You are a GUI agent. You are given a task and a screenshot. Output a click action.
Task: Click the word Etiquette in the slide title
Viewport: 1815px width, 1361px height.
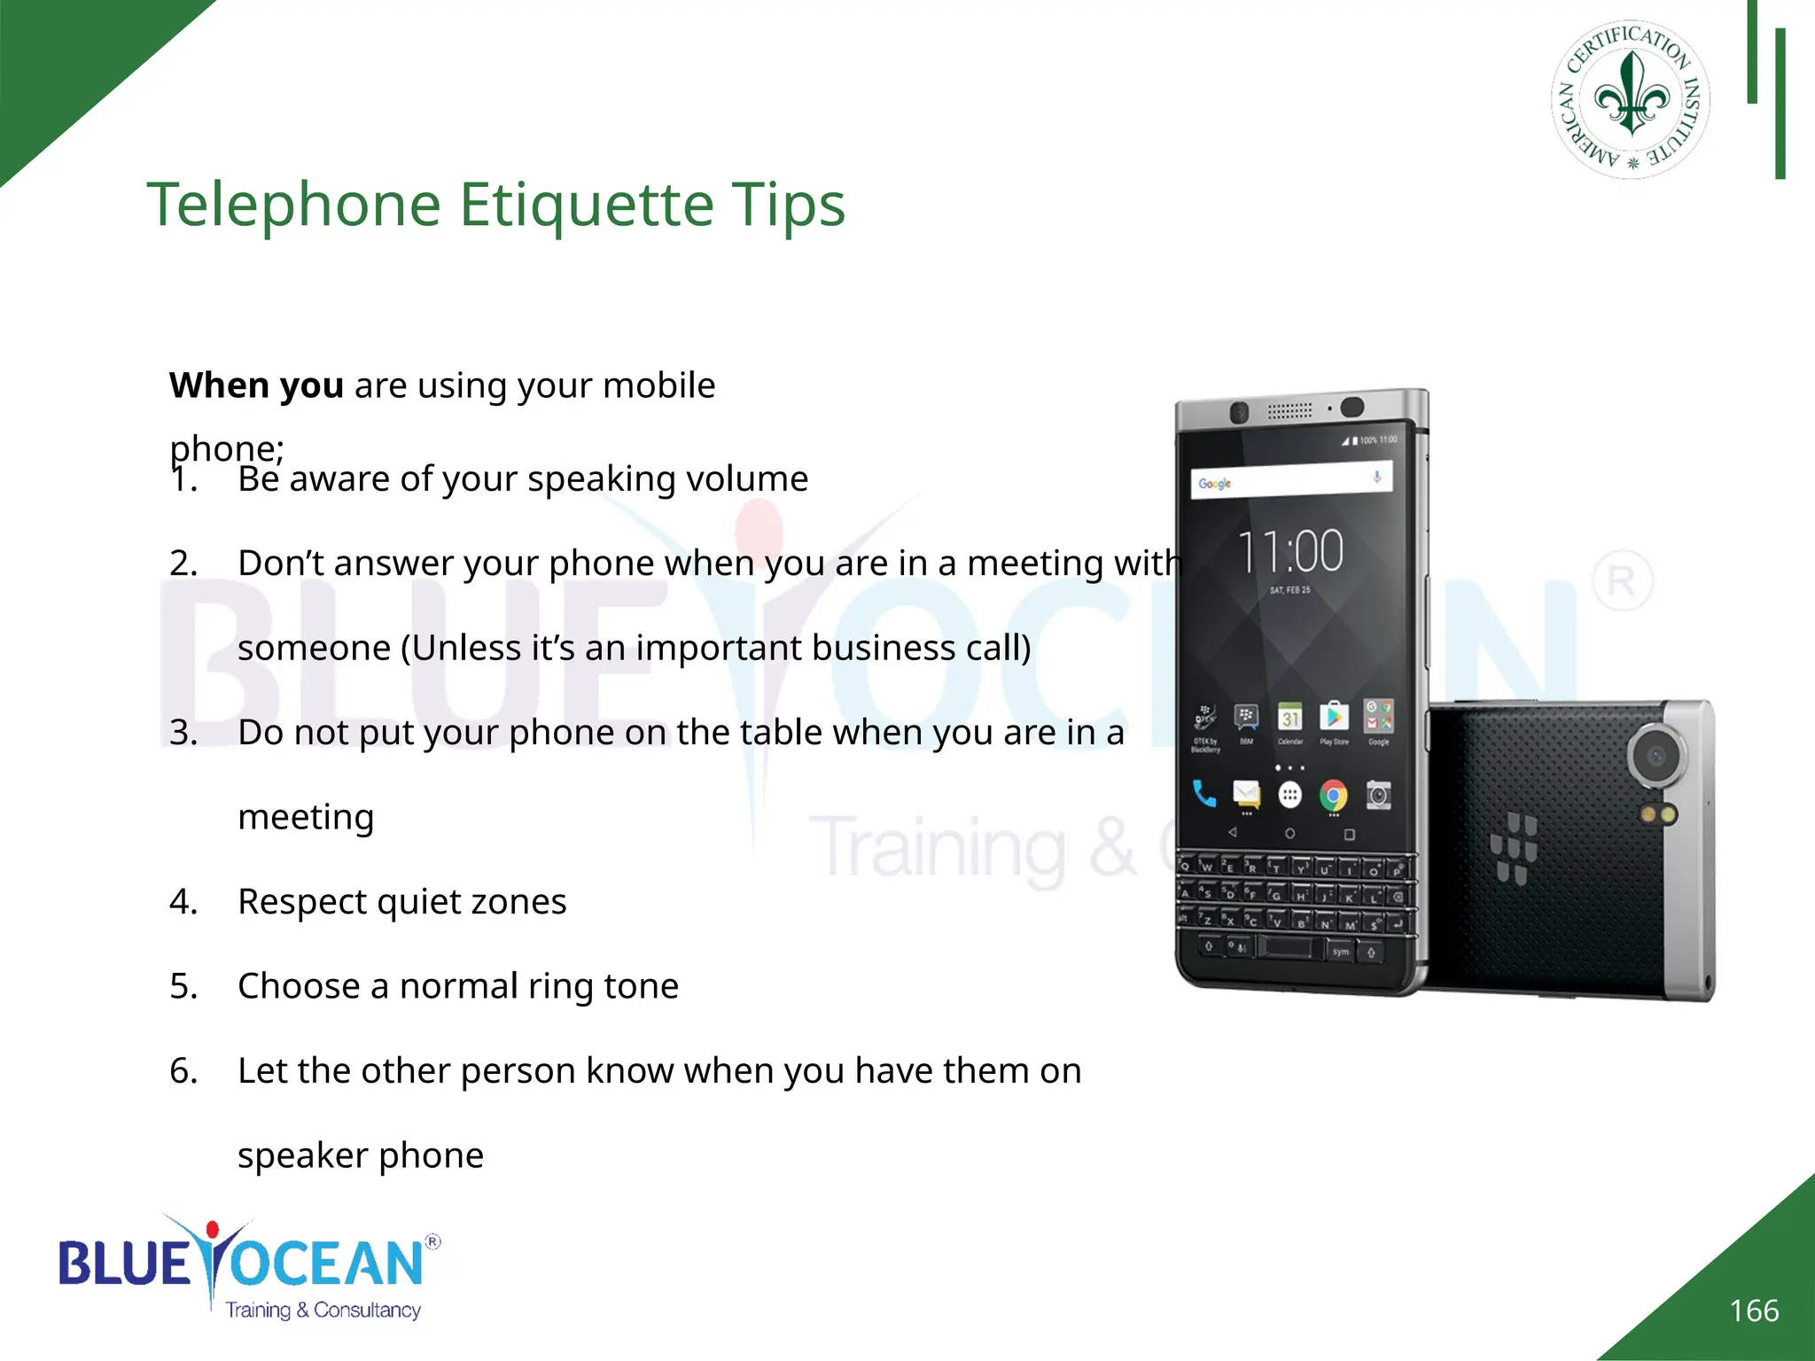coord(586,205)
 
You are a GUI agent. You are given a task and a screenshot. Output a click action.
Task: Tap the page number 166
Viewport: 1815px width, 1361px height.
coord(1753,1310)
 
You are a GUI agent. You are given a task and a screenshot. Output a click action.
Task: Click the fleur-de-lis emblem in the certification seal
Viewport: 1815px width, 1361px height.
coord(1631,96)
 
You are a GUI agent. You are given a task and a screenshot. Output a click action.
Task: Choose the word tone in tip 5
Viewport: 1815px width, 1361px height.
coord(644,986)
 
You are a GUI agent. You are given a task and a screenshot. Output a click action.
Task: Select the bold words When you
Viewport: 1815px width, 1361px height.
coord(256,386)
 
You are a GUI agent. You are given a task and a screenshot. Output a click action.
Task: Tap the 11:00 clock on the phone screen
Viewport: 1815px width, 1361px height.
coord(1289,551)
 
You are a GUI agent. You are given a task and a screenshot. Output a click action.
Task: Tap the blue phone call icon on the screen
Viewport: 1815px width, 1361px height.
coord(1204,793)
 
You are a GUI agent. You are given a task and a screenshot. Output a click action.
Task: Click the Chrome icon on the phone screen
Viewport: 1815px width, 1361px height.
coord(1333,795)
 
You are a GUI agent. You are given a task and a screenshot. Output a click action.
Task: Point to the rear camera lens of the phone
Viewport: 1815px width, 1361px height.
coord(1655,756)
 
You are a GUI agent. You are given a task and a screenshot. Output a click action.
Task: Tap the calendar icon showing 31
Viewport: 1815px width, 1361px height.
coord(1290,717)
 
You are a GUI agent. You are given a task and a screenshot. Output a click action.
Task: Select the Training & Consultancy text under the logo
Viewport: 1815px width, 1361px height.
coord(323,1310)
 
